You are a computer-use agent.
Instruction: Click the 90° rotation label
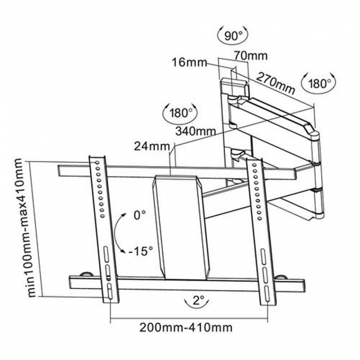click(x=234, y=34)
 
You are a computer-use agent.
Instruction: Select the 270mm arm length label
click(x=276, y=82)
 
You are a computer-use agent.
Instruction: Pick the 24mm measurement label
click(x=150, y=146)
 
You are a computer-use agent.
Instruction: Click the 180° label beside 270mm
click(x=319, y=84)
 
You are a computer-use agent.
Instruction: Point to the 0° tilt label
click(x=141, y=215)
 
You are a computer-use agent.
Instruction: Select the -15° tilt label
click(x=141, y=250)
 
